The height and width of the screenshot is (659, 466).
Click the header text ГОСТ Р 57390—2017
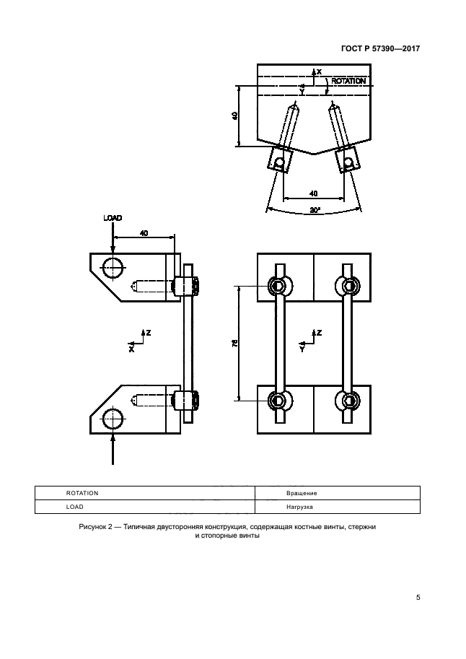pyautogui.click(x=380, y=49)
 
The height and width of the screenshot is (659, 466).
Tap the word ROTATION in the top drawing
pyautogui.click(x=348, y=82)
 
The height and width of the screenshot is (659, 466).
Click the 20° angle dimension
pyautogui.click(x=314, y=210)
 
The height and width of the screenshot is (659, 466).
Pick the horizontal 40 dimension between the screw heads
pyautogui.click(x=313, y=193)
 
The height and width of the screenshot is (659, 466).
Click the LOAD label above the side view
pyautogui.click(x=113, y=217)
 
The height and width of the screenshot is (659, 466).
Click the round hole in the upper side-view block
pyautogui.click(x=112, y=267)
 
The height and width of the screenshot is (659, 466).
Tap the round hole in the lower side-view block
pyautogui.click(x=112, y=418)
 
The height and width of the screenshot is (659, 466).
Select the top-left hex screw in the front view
pyautogui.click(x=278, y=287)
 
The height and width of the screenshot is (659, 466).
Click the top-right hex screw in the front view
pyautogui.click(x=348, y=287)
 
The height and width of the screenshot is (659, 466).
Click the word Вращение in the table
pyautogui.click(x=301, y=493)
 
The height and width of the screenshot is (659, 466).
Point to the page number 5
pyautogui.click(x=418, y=598)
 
